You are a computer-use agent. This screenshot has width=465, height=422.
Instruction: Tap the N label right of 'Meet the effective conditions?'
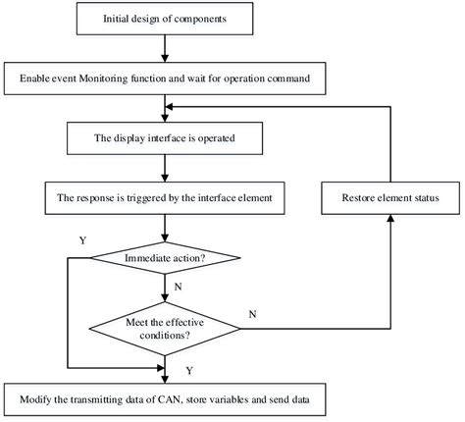click(x=254, y=314)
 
